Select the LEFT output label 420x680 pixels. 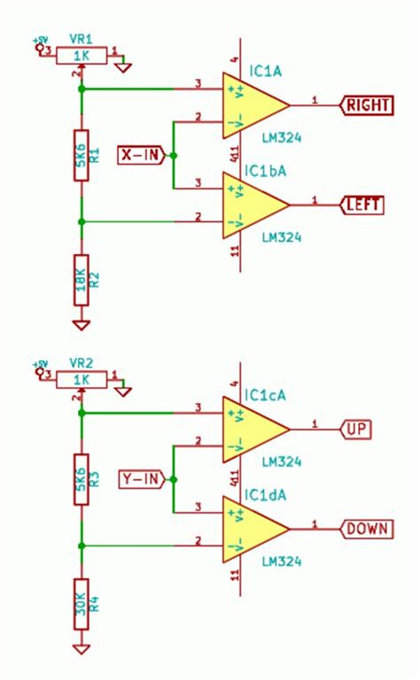pyautogui.click(x=362, y=205)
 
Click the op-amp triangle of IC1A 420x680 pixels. pyautogui.click(x=253, y=105)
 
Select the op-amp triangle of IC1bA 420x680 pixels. pyautogui.click(x=253, y=205)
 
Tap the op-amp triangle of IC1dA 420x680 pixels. pyautogui.click(x=253, y=529)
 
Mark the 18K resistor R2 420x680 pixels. pyautogui.click(x=82, y=277)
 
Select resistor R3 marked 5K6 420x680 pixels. pyautogui.click(x=82, y=479)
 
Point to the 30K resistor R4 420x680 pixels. pyautogui.click(x=82, y=604)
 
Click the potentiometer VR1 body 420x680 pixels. pyautogui.click(x=82, y=56)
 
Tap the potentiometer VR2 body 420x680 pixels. pyautogui.click(x=82, y=379)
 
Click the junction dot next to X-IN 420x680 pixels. pyautogui.click(x=173, y=155)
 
